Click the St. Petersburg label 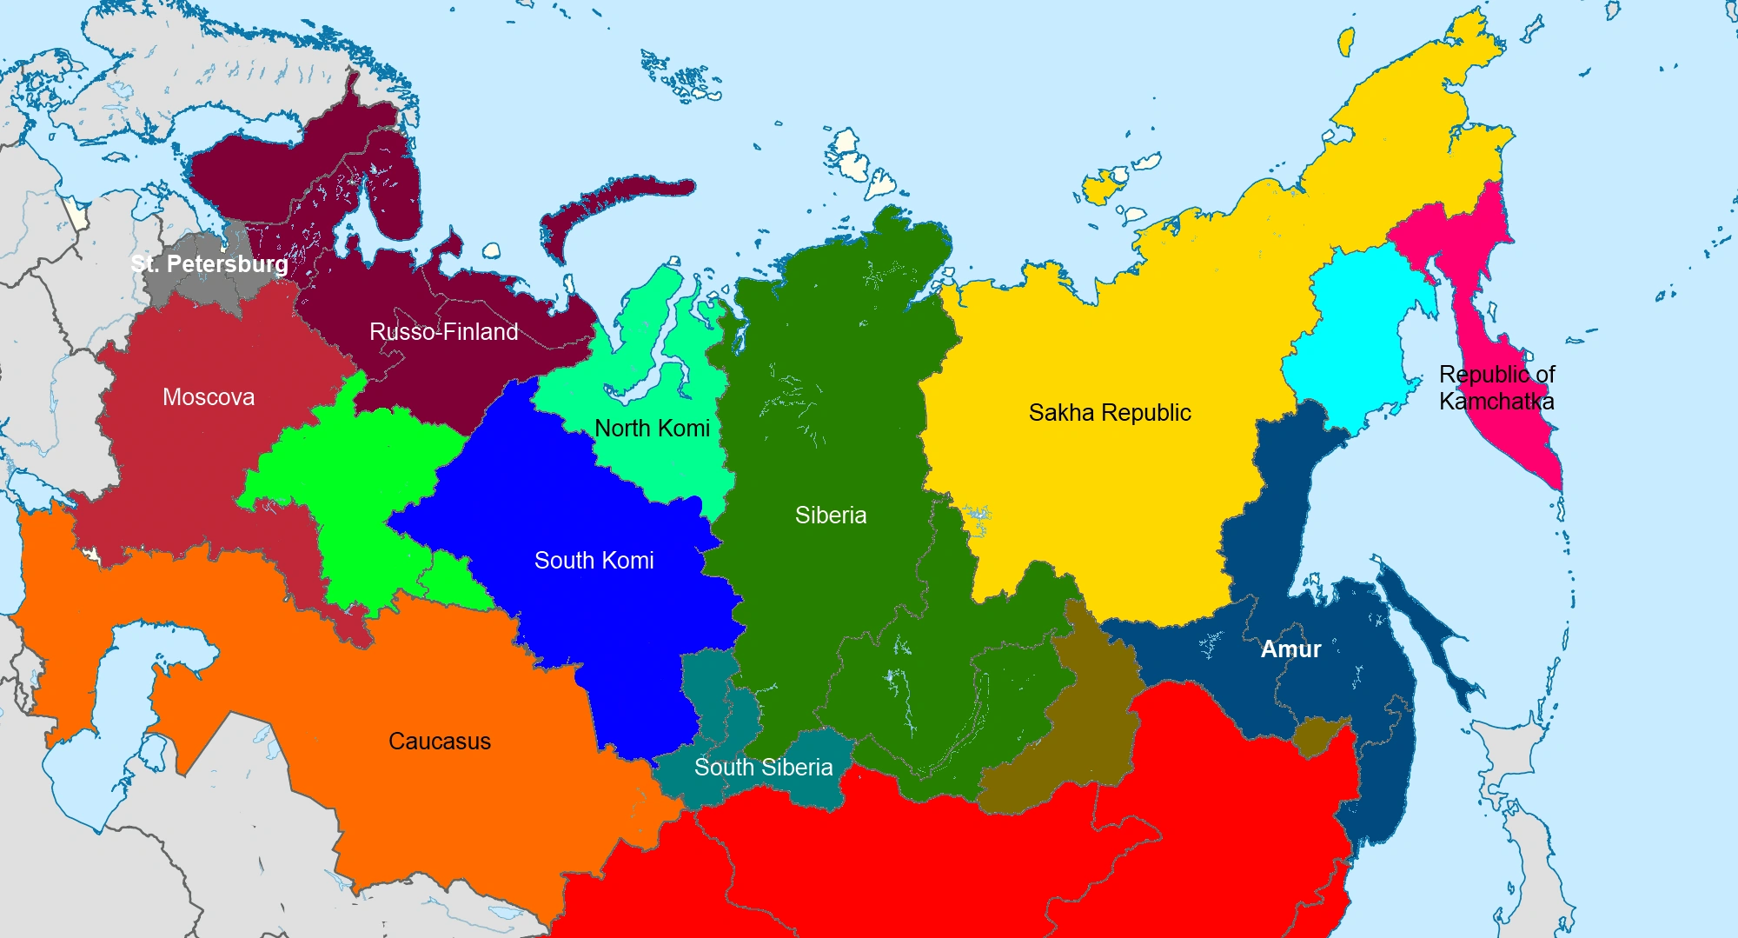coord(209,264)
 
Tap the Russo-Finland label coord(443,332)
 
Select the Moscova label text coord(209,397)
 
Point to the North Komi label coord(652,429)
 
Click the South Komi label coord(594,561)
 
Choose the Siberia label coord(831,516)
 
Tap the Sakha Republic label coord(1110,413)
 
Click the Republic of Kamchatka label coord(1496,388)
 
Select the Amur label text coord(1290,649)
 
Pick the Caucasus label coord(440,742)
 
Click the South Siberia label coord(763,768)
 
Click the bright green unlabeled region coord(356,487)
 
